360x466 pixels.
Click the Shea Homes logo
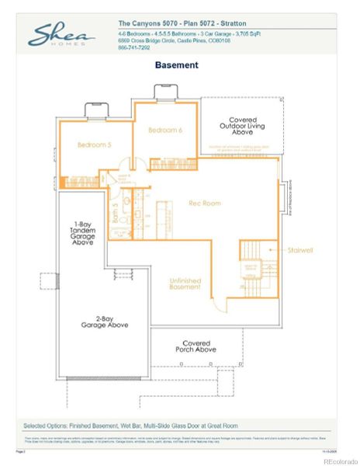61,34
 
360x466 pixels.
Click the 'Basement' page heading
176,65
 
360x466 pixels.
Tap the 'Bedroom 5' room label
94,144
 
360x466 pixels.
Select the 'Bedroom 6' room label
165,130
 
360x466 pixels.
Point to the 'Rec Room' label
205,203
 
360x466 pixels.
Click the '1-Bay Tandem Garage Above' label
83,233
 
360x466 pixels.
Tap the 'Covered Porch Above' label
199,346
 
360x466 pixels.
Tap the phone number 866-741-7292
135,47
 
